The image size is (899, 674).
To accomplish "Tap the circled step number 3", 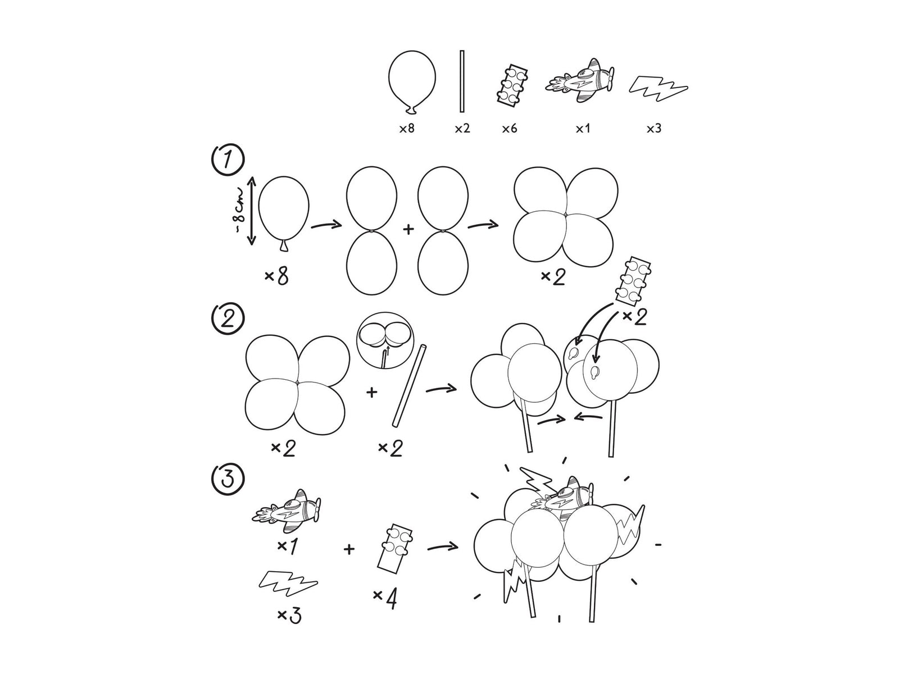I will [227, 479].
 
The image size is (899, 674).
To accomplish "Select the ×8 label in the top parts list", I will [407, 129].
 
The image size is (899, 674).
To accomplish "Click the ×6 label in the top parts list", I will [509, 129].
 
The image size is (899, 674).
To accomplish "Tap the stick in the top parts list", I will [462, 81].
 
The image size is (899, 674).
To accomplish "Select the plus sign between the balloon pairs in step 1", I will [408, 229].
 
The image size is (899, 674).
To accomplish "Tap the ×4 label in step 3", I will [385, 600].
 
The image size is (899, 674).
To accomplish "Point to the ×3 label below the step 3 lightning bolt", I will [289, 616].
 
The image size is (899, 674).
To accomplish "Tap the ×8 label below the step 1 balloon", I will [276, 276].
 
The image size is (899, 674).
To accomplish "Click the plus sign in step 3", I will [349, 549].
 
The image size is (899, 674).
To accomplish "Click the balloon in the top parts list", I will [412, 81].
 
